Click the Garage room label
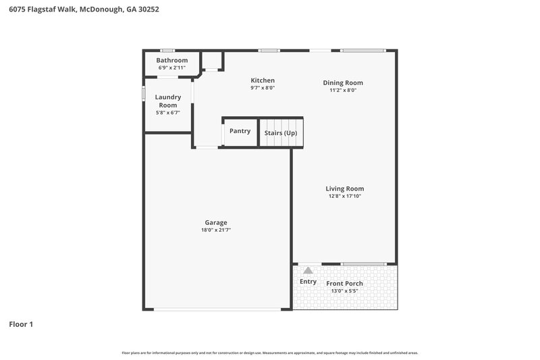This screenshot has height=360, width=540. click(x=216, y=222)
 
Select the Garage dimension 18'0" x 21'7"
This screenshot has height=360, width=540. click(x=216, y=230)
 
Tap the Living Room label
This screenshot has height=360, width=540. click(x=345, y=188)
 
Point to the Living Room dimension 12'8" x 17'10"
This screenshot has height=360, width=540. click(x=345, y=197)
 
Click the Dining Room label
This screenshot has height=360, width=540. click(x=348, y=82)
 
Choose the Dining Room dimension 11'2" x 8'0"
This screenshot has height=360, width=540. click(x=348, y=91)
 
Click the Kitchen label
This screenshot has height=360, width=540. click(x=263, y=80)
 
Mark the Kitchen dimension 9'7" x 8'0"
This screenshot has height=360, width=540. click(x=263, y=88)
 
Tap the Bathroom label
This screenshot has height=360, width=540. click(x=171, y=60)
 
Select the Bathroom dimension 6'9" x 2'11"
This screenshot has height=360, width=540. click(x=171, y=68)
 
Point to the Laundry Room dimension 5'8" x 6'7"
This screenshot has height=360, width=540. click(x=168, y=113)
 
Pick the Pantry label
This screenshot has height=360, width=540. click(x=240, y=131)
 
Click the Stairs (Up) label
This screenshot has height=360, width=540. click(x=280, y=133)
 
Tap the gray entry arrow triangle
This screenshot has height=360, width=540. click(x=308, y=270)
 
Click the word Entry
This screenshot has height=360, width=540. click(x=308, y=282)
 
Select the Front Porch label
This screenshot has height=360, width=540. click(x=344, y=283)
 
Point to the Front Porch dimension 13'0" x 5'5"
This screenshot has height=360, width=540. click(x=344, y=291)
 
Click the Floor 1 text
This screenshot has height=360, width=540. click(x=21, y=324)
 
